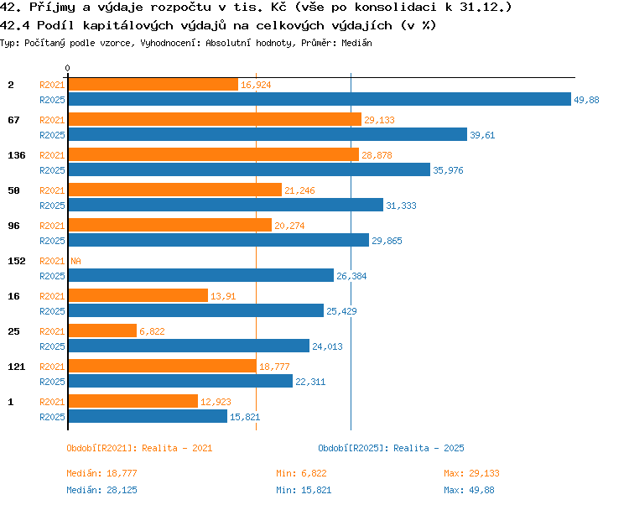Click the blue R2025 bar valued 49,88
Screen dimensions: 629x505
click(x=320, y=100)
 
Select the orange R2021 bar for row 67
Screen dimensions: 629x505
click(x=215, y=119)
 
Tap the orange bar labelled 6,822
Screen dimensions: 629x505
click(x=102, y=331)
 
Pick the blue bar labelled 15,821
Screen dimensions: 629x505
click(x=148, y=416)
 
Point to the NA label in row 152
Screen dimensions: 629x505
click(x=75, y=261)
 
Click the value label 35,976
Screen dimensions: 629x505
click(x=448, y=170)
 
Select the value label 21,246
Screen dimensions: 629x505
click(x=299, y=190)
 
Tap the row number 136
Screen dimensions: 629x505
click(x=17, y=155)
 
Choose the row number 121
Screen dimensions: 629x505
click(x=17, y=367)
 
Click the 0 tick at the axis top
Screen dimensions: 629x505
click(x=67, y=68)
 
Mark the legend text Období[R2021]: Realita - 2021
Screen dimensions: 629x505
click(x=139, y=448)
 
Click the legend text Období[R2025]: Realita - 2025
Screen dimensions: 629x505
click(x=391, y=448)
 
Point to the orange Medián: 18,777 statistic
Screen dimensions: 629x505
click(x=101, y=473)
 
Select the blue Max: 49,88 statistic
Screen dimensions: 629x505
click(x=469, y=490)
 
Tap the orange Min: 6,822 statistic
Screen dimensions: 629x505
click(x=301, y=473)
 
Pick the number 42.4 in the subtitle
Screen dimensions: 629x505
click(x=15, y=26)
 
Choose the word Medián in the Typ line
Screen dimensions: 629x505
click(x=356, y=43)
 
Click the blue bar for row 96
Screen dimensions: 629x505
click(x=219, y=240)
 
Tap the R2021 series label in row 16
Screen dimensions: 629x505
click(x=52, y=296)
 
